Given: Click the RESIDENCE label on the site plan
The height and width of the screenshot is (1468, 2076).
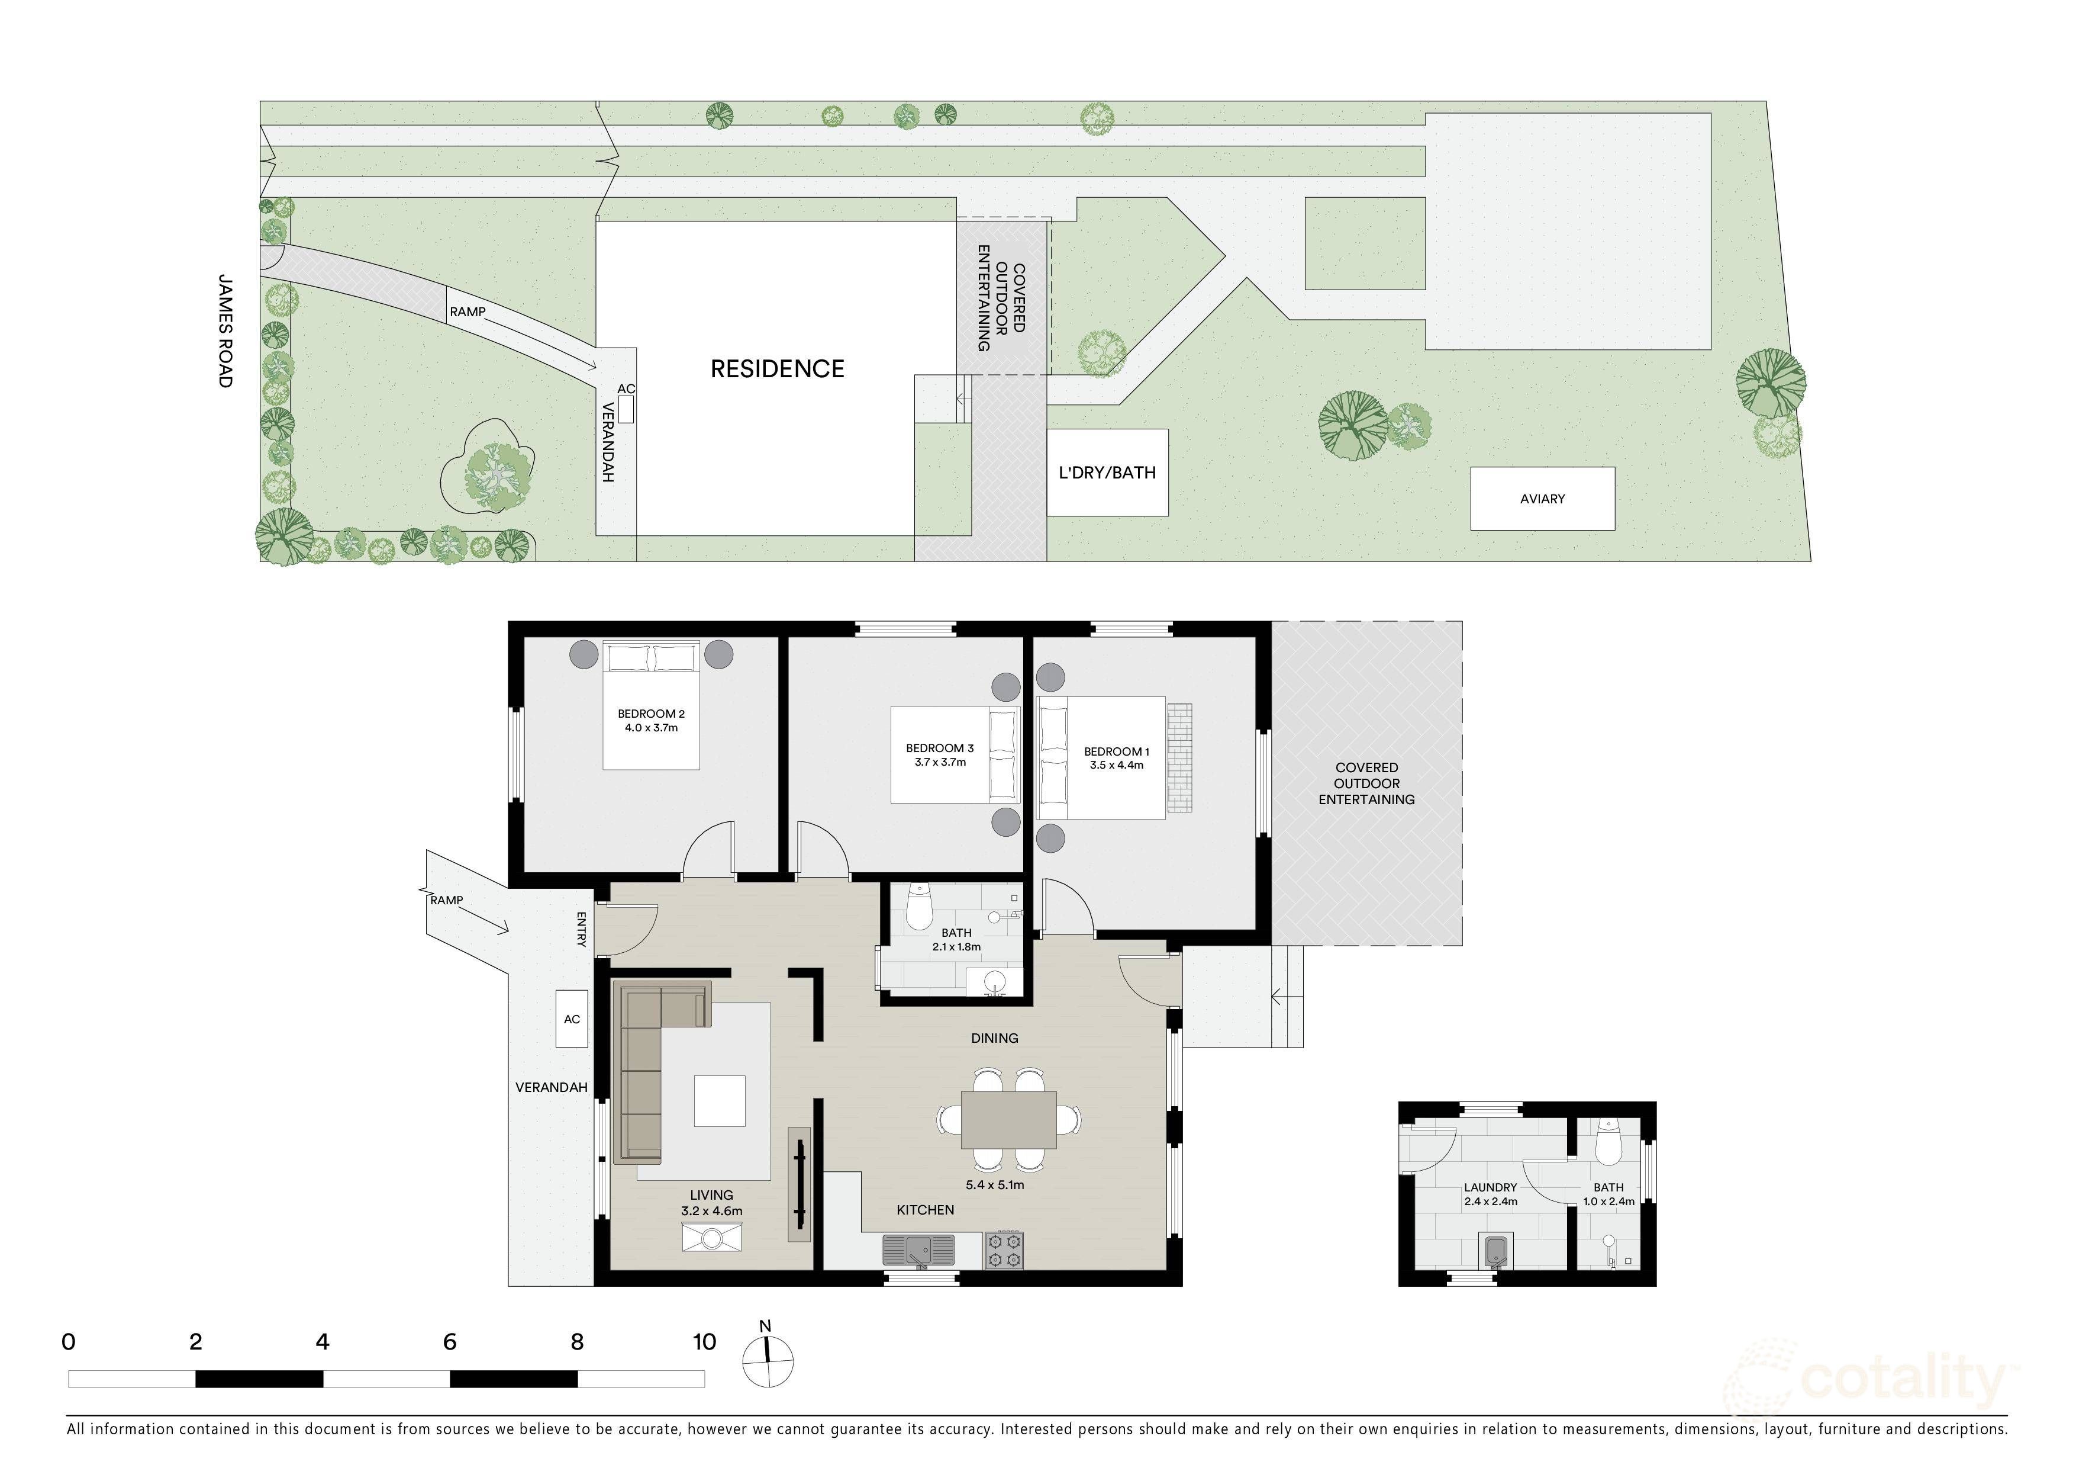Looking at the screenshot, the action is click(778, 369).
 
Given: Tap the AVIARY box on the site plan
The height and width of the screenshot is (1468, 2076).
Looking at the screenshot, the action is click(1543, 499).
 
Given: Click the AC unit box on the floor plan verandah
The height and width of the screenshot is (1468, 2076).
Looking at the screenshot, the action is click(572, 1019).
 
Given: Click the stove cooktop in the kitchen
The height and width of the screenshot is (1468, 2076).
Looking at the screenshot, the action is click(1004, 1250).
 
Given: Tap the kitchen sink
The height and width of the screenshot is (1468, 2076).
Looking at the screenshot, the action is click(918, 1251).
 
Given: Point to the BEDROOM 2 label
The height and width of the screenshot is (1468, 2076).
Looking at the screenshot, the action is click(651, 714).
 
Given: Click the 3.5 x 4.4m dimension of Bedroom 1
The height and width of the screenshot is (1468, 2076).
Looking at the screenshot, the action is click(1117, 765).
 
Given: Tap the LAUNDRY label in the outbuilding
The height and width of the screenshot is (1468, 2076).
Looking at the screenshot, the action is click(1491, 1188).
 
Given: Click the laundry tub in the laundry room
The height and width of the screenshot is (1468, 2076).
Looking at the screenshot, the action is click(1495, 1252).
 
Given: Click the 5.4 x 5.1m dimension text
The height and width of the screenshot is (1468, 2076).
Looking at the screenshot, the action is click(995, 1185).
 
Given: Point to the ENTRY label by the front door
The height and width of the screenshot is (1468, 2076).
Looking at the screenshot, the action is click(581, 929).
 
